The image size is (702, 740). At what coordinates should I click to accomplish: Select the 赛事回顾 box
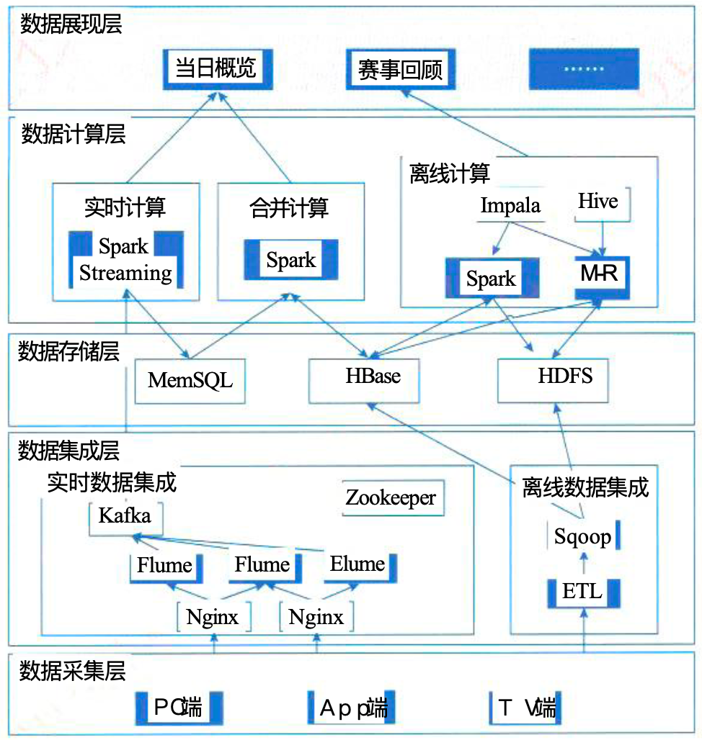400,70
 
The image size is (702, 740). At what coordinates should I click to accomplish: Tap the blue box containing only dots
585,69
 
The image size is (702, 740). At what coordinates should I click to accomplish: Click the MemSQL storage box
190,379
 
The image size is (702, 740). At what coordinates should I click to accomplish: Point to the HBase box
373,376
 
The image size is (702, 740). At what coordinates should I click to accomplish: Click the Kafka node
125,517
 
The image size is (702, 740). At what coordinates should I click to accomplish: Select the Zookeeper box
391,498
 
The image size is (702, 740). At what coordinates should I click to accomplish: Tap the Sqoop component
583,536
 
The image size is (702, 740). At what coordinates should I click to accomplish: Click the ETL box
582,592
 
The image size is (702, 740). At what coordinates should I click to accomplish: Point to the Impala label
510,206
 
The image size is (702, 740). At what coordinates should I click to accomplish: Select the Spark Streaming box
125,260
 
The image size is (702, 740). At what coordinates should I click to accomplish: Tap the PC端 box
178,708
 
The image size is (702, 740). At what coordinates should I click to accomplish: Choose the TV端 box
525,708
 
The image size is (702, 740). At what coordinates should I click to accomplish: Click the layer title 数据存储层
69,351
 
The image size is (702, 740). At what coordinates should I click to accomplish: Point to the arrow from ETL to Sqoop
585,562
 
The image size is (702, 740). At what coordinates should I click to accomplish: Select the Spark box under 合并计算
291,260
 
